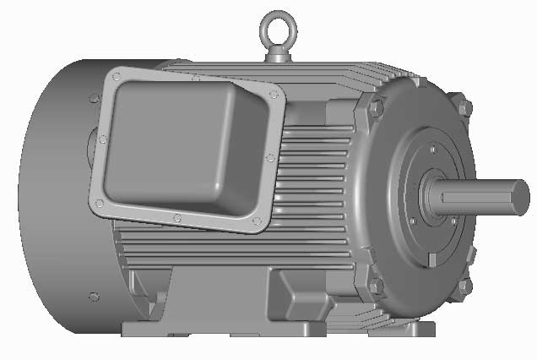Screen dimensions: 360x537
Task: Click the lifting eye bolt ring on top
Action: point(279,24)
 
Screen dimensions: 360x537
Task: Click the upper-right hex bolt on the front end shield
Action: point(464,108)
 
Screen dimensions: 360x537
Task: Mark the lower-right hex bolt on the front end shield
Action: point(464,285)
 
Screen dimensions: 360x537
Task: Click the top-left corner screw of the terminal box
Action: point(116,78)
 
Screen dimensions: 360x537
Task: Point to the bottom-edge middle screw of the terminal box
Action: point(176,218)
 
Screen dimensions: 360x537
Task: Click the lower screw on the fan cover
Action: point(93,297)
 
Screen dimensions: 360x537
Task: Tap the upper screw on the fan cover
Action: point(91,100)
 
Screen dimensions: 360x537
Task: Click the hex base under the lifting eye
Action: point(279,55)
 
